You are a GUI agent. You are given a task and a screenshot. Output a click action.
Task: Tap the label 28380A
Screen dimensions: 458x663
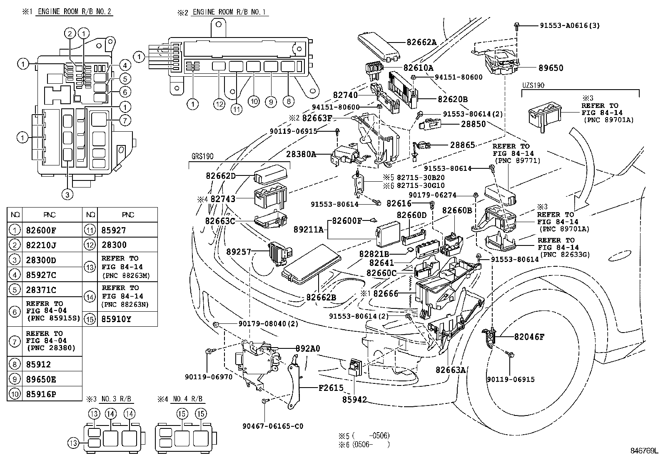point(301,154)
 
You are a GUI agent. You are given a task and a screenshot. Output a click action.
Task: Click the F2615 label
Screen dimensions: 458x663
point(331,388)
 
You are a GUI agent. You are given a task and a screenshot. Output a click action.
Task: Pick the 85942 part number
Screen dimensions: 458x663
point(354,400)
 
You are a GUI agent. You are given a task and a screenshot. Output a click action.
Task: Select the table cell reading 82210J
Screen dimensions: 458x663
point(41,245)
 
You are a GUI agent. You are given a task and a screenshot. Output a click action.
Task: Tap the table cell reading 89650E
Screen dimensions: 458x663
point(41,379)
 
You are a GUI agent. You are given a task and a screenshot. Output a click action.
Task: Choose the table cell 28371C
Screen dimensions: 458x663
point(41,290)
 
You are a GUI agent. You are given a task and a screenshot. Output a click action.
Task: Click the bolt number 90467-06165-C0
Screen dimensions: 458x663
point(273,426)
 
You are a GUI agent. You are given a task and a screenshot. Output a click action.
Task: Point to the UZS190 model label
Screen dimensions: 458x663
point(533,85)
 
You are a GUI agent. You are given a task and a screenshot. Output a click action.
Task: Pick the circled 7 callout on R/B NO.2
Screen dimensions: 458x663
point(125,120)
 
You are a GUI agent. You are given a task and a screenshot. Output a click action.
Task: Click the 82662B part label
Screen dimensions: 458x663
point(321,298)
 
